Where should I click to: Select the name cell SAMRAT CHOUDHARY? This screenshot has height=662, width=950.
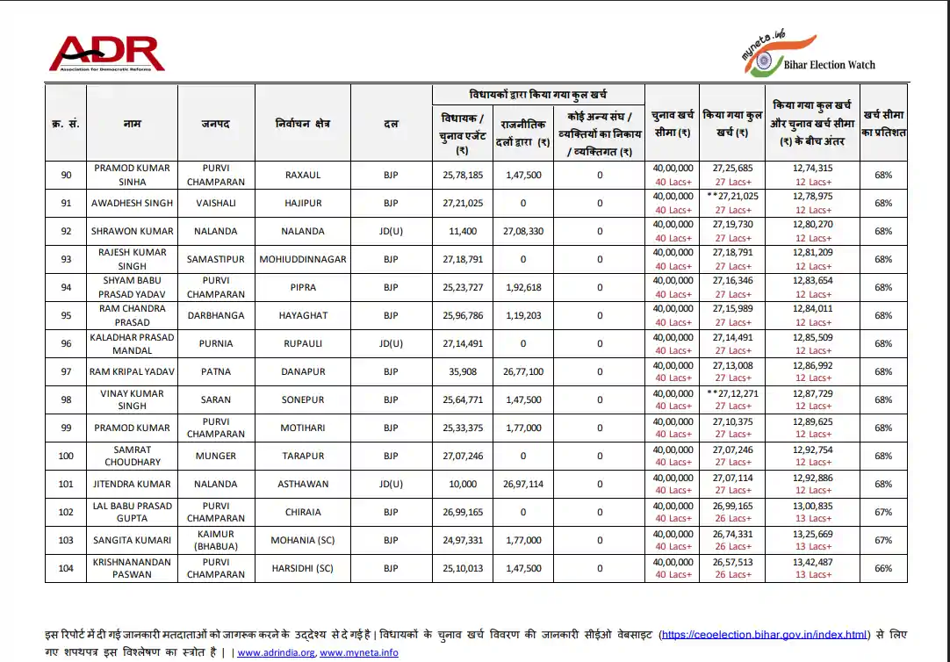click(133, 456)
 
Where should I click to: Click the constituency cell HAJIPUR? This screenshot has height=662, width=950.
click(303, 203)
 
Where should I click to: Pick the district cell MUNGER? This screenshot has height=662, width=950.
click(216, 456)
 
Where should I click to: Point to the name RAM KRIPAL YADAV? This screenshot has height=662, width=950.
click(133, 371)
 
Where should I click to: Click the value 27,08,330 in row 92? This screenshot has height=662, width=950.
click(523, 231)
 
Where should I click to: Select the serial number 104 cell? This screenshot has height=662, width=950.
click(66, 568)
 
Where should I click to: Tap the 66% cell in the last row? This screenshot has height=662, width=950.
click(883, 568)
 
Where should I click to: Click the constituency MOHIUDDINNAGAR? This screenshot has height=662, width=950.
click(303, 259)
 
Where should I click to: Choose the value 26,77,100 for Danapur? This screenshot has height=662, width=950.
click(523, 371)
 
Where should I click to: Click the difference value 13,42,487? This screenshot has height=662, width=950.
click(812, 562)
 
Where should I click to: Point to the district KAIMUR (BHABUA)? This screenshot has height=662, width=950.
click(216, 540)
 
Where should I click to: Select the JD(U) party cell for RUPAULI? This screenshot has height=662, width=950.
click(391, 343)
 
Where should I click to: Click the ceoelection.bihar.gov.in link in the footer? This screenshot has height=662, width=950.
click(763, 634)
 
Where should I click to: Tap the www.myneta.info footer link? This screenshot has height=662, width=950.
click(359, 652)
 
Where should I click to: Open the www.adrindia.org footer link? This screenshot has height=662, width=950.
click(277, 652)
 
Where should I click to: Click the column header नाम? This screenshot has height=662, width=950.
click(133, 124)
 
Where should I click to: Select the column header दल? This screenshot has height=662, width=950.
click(391, 124)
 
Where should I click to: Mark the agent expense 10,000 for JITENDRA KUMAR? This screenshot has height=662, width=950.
click(462, 484)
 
